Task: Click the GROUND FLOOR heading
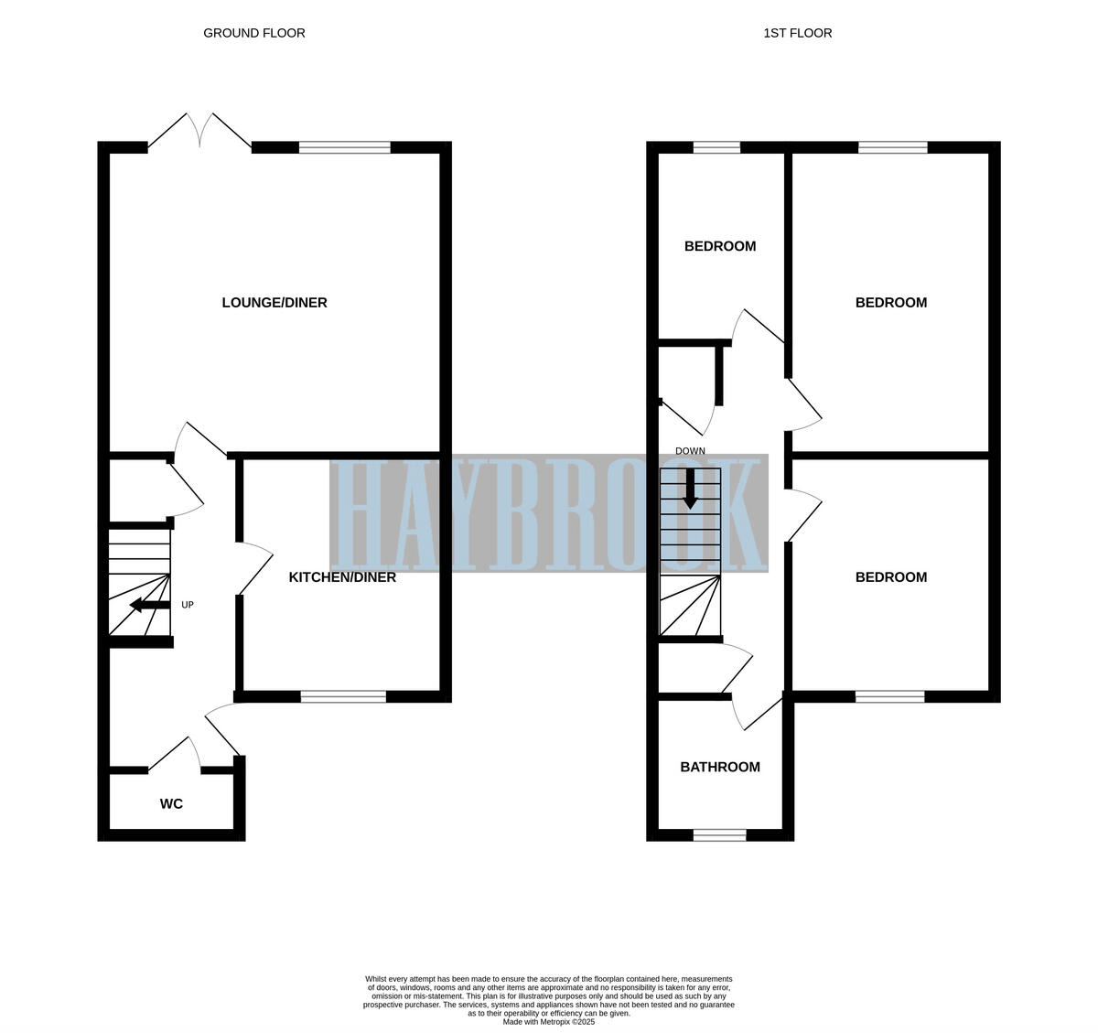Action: pos(253,33)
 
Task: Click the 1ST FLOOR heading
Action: pos(798,33)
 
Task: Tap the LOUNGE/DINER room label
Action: pos(274,303)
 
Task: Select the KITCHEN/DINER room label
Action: pos(342,577)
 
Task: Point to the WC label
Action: pos(171,804)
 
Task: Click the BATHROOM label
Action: pos(720,768)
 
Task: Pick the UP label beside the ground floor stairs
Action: pos(188,605)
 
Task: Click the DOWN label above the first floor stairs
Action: pos(690,451)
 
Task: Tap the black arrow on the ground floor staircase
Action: pos(148,605)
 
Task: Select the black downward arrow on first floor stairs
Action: pos(690,490)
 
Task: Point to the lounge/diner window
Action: pos(344,147)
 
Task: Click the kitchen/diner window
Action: pos(343,697)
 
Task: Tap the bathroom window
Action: pos(719,834)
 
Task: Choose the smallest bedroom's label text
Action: pos(720,246)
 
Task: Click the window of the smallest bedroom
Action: pos(716,147)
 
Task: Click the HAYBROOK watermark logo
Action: pos(549,513)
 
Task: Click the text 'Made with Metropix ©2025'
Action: pos(549,1022)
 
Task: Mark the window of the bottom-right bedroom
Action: pos(889,697)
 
